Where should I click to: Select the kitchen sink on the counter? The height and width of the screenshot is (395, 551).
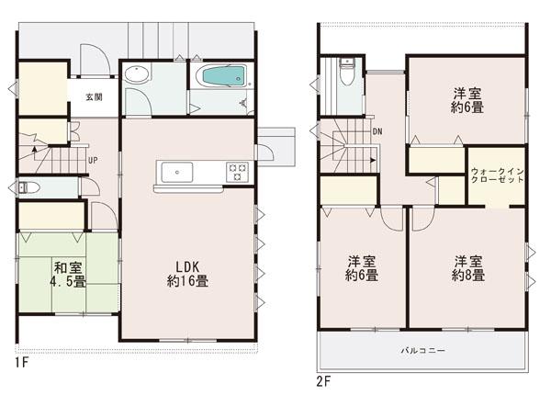176,172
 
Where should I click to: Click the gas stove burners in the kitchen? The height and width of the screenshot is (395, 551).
237,170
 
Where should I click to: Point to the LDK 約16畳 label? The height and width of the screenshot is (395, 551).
186,274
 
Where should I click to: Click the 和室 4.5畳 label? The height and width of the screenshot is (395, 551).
69,275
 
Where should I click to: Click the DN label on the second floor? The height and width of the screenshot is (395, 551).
377,132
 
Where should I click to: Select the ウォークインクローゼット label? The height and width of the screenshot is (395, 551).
497,175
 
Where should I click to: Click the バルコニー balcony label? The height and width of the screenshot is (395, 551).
422,350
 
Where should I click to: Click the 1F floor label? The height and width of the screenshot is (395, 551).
21,363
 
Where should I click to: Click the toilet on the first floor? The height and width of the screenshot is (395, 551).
26,187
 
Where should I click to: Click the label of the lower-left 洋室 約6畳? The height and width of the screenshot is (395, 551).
362,267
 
